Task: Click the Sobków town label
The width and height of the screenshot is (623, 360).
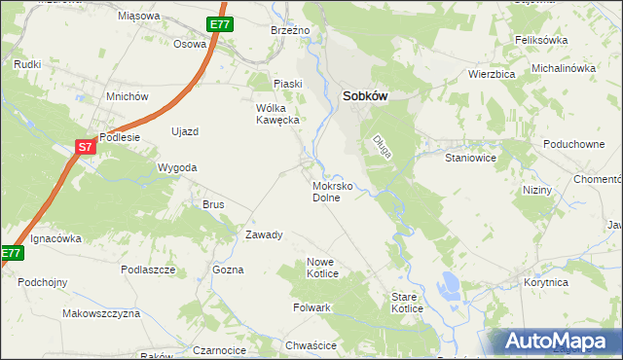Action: click(368, 96)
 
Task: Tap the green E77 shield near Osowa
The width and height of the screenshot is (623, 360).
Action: click(219, 24)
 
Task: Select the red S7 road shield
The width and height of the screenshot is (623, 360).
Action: click(85, 147)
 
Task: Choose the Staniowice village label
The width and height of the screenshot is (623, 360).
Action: click(471, 157)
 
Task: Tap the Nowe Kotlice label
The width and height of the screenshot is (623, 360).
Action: click(322, 268)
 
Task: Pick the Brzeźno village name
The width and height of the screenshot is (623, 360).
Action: click(289, 30)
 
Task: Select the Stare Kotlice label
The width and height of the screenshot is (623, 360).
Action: click(406, 303)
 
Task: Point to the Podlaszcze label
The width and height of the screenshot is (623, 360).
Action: click(148, 270)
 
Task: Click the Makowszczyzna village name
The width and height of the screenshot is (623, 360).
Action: click(101, 314)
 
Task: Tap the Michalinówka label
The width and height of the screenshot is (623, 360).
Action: click(563, 68)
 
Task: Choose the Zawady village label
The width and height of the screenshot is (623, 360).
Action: click(264, 234)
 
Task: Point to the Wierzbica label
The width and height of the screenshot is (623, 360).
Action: click(491, 73)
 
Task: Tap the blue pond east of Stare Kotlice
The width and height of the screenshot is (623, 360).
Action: click(450, 284)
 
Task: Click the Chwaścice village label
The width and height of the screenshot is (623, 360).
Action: click(312, 345)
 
